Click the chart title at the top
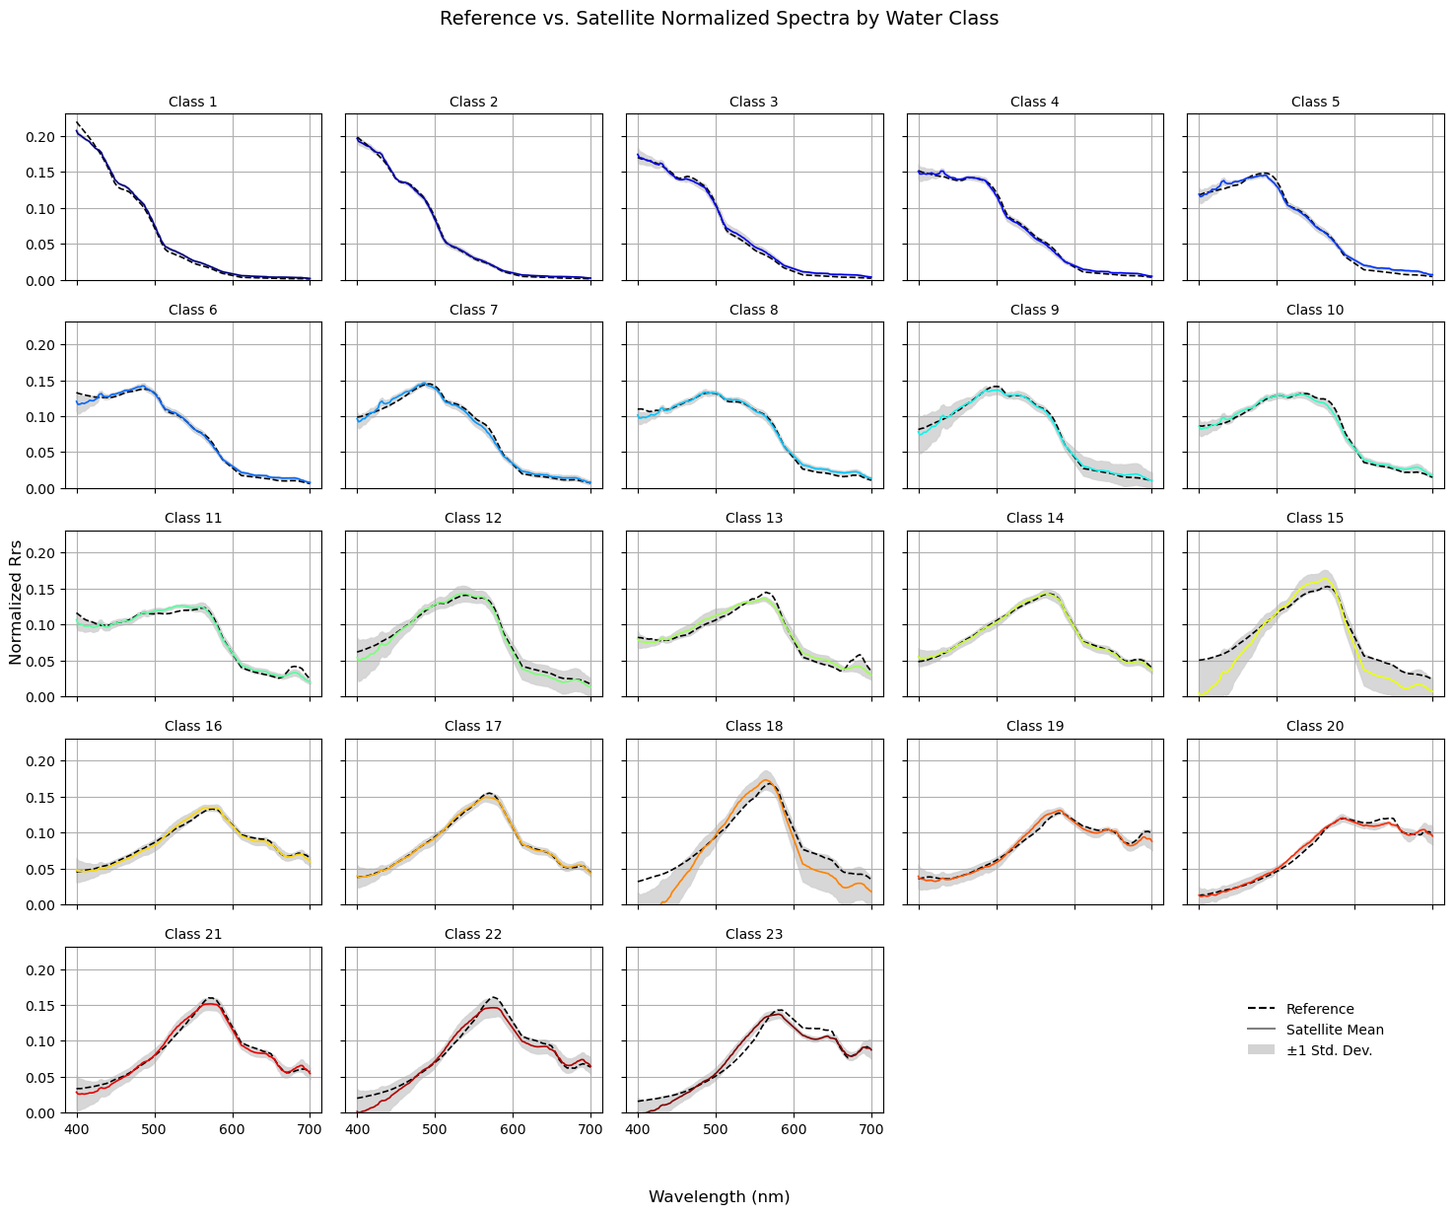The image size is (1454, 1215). [x=719, y=18]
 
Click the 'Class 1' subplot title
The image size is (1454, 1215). [x=193, y=102]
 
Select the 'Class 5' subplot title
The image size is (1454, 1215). [x=1315, y=102]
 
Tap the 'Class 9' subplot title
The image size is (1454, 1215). [x=1034, y=310]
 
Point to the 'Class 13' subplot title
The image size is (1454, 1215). [x=753, y=518]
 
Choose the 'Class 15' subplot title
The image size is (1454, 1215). [x=1315, y=518]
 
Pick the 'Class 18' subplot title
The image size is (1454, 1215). [x=753, y=726]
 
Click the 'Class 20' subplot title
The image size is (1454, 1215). [x=1315, y=726]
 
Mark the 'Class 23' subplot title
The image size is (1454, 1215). [x=753, y=934]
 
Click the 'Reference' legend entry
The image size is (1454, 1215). [x=1320, y=1009]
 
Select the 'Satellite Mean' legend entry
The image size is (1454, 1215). [x=1334, y=1030]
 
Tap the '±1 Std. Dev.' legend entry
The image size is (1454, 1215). [x=1329, y=1050]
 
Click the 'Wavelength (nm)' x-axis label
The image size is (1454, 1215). [x=719, y=1197]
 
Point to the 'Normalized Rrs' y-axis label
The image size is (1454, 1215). [x=16, y=603]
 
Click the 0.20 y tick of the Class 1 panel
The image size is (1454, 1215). [x=40, y=137]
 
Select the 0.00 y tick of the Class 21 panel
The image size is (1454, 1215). [x=40, y=1113]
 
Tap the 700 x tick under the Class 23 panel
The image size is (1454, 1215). [x=871, y=1129]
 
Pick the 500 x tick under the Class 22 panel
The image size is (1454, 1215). [x=435, y=1129]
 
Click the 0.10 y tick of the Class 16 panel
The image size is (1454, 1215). [x=40, y=833]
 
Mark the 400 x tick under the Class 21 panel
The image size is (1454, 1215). [x=77, y=1129]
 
